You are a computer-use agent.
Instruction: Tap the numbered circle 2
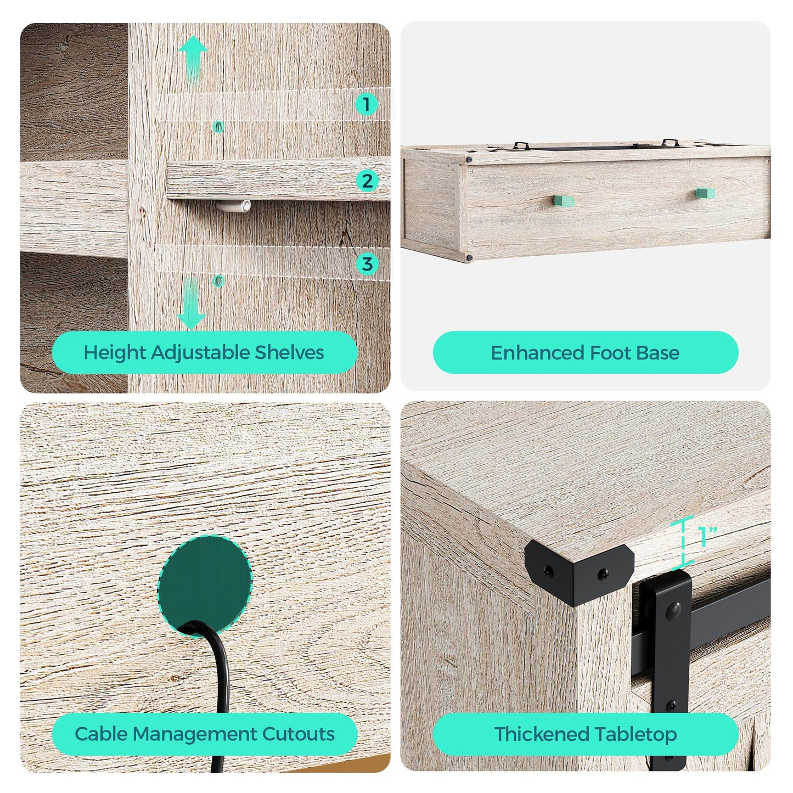[x=367, y=181]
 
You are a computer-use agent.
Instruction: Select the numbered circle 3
[x=367, y=263]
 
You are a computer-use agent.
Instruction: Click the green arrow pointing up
[x=193, y=61]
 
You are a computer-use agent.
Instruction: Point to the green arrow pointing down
[x=191, y=303]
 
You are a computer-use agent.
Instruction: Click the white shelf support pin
[x=234, y=206]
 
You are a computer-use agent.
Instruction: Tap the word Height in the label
[x=115, y=353]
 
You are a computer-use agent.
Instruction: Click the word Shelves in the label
[x=289, y=353]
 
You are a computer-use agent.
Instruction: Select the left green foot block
[x=563, y=201]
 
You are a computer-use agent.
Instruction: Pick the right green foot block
[x=705, y=193]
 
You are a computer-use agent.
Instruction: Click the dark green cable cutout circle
[x=205, y=584]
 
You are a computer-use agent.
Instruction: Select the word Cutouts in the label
[x=298, y=734]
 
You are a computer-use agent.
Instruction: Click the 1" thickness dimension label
[x=707, y=536]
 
